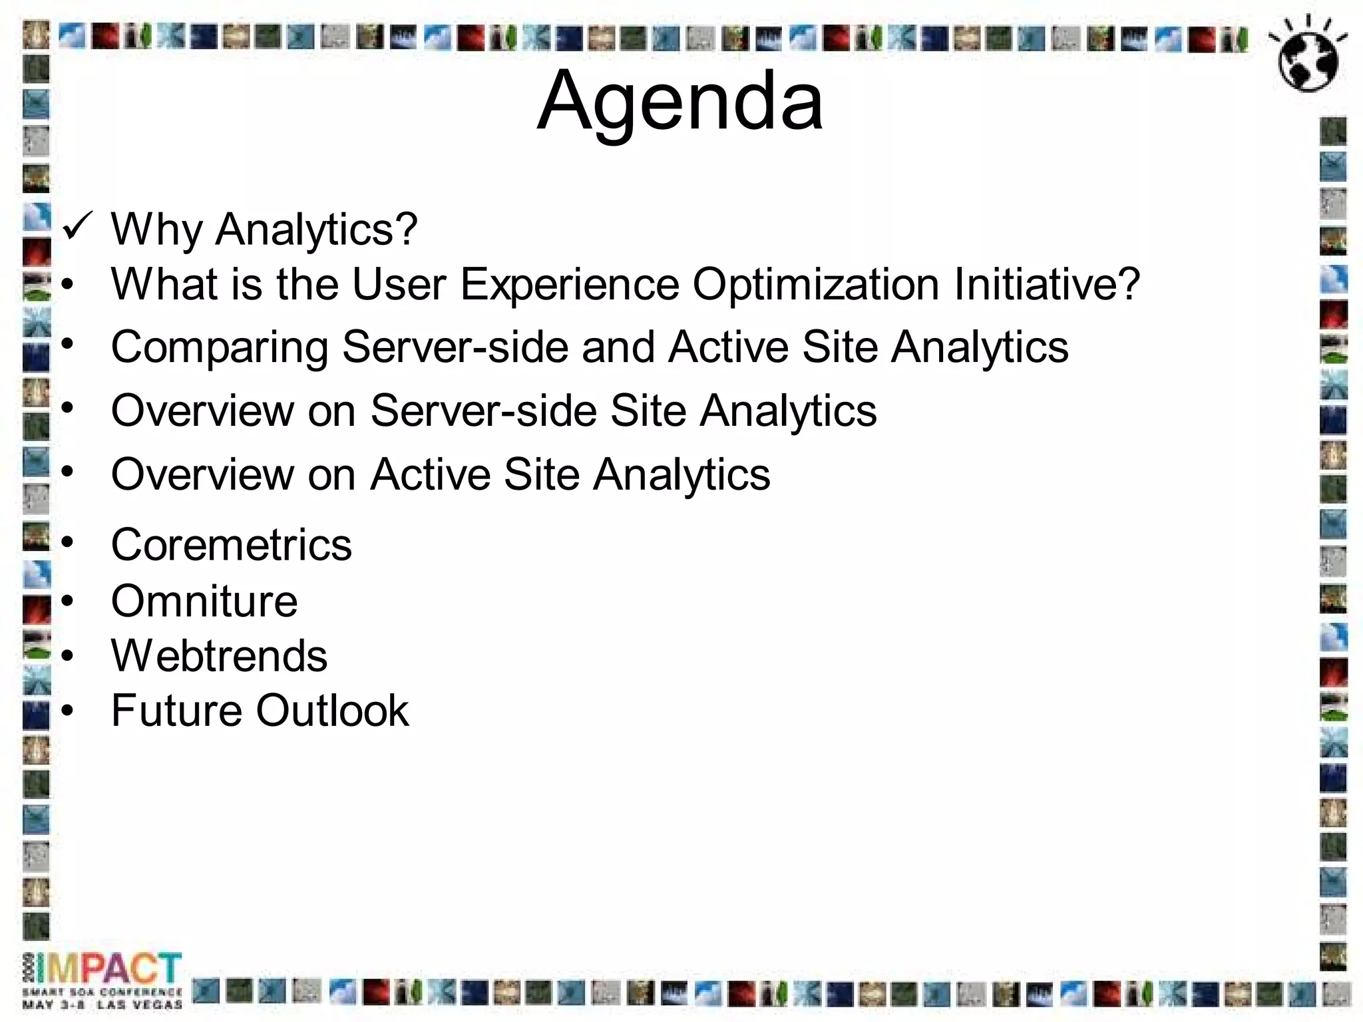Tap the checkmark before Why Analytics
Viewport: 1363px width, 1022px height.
76,227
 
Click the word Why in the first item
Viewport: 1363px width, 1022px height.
156,230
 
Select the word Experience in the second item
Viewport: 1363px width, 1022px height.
570,285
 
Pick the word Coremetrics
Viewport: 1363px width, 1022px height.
231,545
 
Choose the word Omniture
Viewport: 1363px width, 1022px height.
204,601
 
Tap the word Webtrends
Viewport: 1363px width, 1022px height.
219,656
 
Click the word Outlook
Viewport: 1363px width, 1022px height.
333,711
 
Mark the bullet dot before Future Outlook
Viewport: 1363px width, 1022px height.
68,711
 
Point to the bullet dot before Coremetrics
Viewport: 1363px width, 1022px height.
68,543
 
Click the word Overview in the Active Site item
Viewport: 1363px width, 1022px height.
202,475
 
